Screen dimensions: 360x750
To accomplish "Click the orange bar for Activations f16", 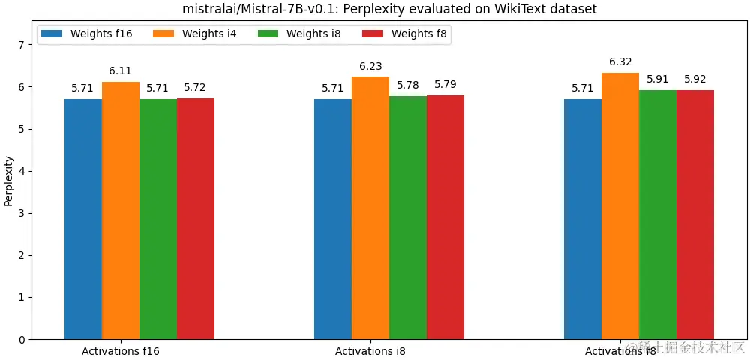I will (x=121, y=210).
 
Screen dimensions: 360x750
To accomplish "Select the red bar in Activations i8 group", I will (x=445, y=217).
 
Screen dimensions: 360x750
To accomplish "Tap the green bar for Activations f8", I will (x=658, y=214).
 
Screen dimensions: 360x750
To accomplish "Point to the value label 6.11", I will (x=121, y=70).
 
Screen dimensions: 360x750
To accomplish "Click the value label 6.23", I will (x=370, y=66).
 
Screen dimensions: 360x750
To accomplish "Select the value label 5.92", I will (x=695, y=79).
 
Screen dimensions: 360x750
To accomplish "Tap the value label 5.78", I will (x=408, y=84).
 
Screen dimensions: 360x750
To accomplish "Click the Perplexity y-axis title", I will (x=9, y=181).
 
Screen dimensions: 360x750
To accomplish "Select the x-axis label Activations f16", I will (x=121, y=350).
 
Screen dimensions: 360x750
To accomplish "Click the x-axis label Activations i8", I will (x=370, y=350).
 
